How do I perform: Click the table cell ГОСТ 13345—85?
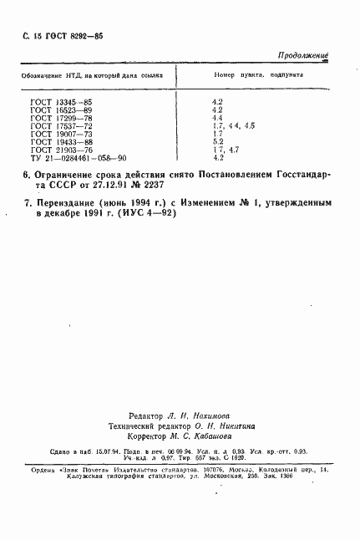56,102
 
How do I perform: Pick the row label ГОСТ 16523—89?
56,110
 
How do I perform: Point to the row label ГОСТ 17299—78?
56,118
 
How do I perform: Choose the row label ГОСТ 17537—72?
56,125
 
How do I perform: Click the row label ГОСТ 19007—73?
56,133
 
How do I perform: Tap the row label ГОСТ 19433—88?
56,141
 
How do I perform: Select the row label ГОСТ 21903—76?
56,149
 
